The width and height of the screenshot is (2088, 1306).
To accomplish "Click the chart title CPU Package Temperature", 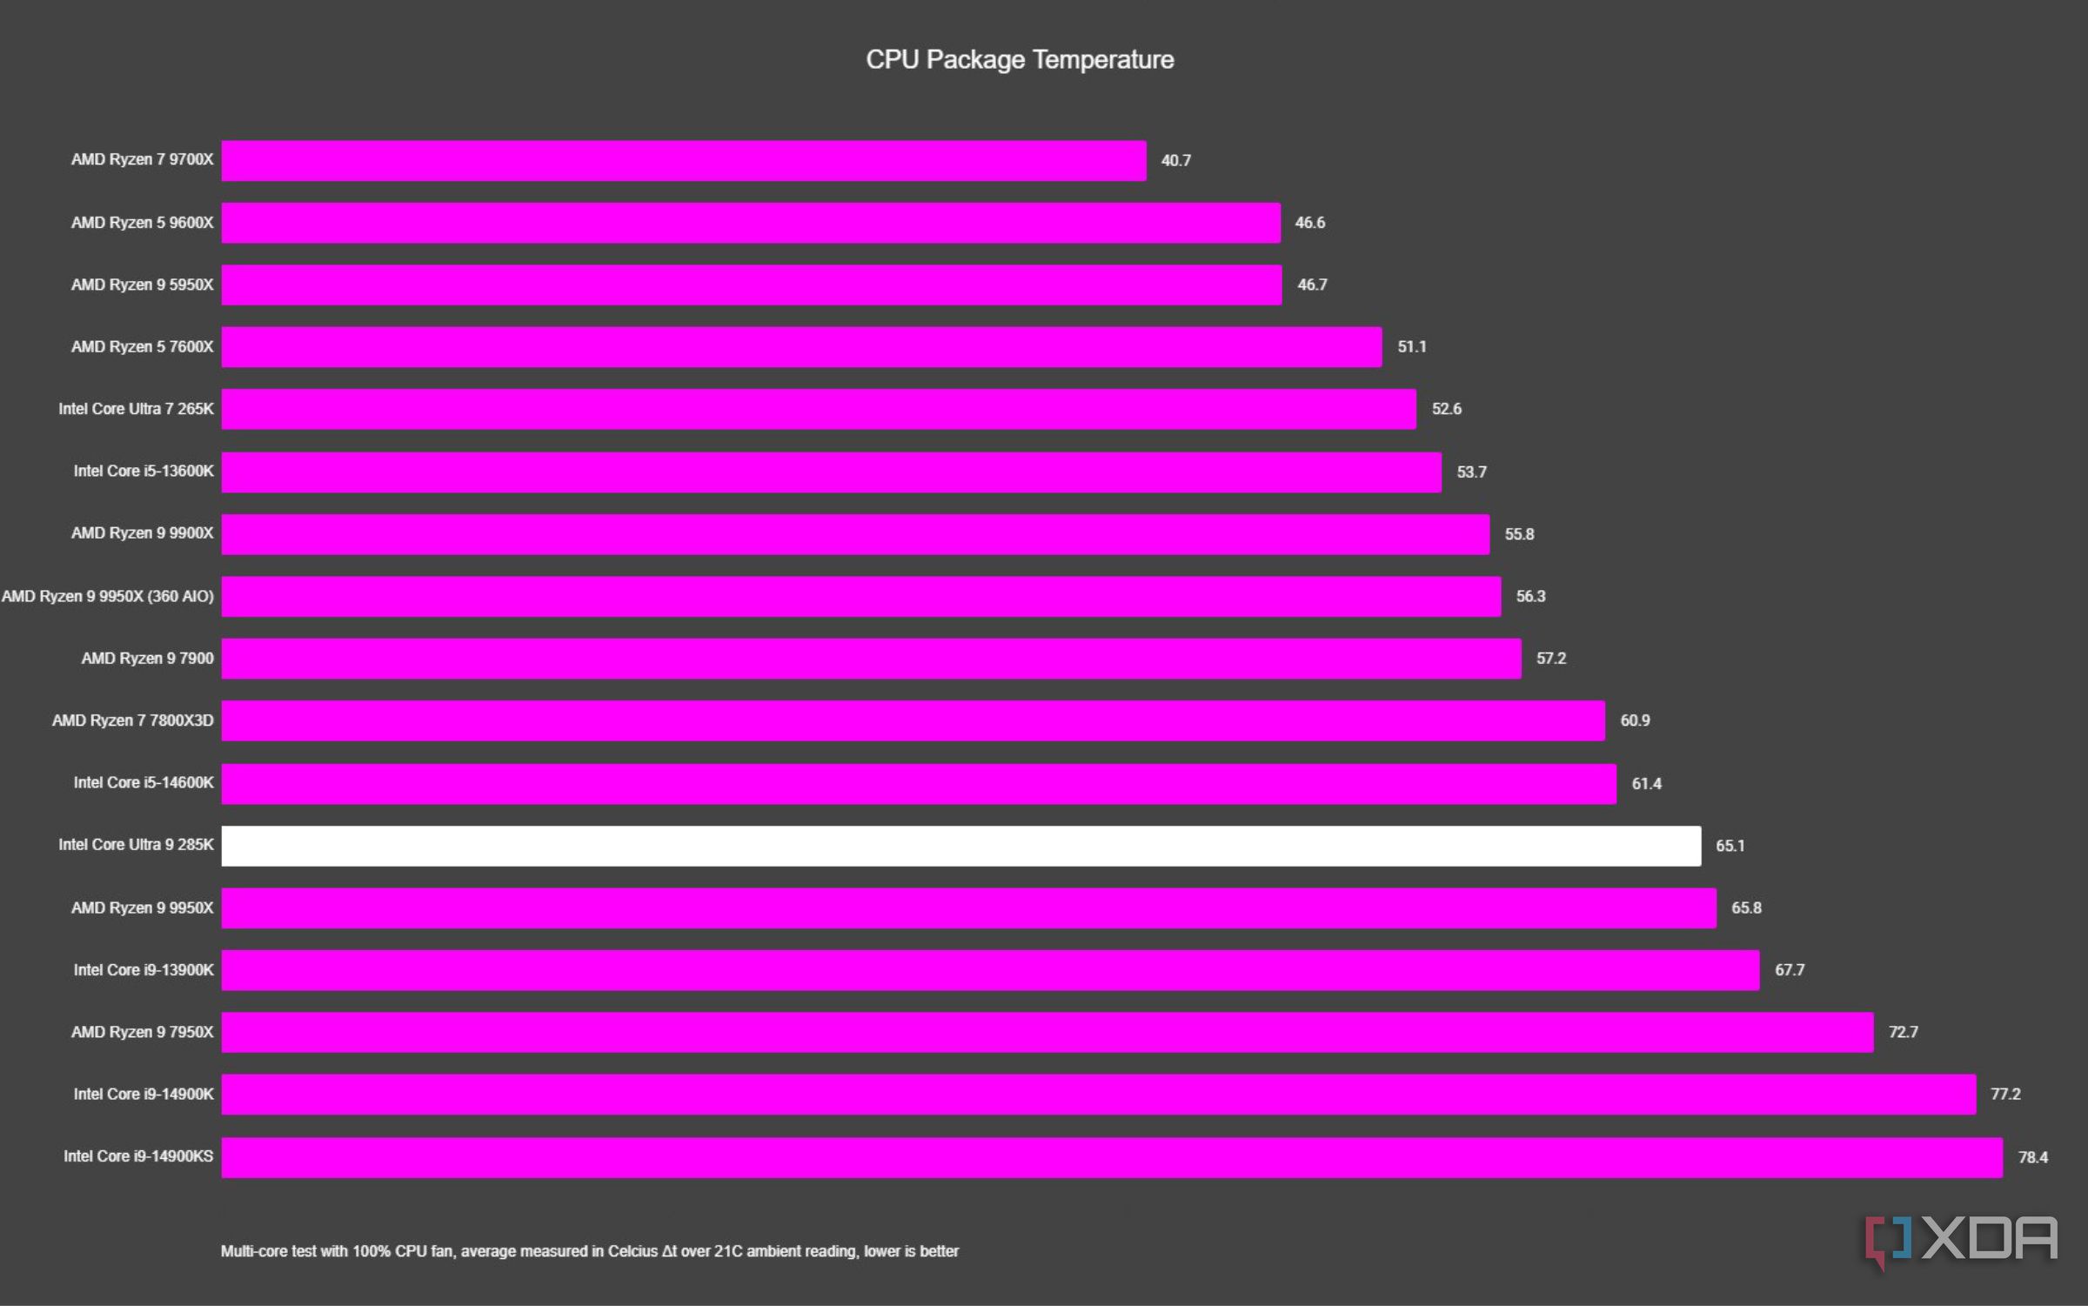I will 1020,59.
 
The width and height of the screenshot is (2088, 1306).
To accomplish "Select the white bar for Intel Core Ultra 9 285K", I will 960,846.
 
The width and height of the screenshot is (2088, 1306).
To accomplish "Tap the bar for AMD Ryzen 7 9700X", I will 684,161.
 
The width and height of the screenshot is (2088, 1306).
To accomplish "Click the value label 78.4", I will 2032,1157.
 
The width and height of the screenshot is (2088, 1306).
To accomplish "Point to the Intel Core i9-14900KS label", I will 138,1156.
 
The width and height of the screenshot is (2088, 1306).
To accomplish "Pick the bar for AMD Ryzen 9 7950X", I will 1047,1032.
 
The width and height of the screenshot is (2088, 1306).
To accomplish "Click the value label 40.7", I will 1175,160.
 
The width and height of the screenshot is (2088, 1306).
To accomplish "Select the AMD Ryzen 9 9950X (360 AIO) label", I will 108,596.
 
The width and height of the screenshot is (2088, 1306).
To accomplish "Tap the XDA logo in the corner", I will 1961,1241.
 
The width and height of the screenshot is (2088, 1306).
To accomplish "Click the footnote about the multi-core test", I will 589,1251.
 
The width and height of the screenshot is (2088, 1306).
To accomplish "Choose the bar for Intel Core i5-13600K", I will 831,472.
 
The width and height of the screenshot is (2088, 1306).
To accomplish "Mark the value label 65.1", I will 1730,846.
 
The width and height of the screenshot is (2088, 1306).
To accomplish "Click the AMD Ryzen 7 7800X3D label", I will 132,720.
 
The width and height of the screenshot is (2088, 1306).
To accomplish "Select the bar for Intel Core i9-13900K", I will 990,970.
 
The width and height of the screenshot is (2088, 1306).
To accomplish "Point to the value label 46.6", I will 1309,223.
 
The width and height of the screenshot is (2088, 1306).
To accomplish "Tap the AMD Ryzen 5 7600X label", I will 142,346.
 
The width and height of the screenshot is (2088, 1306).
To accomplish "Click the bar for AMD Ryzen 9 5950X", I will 751,285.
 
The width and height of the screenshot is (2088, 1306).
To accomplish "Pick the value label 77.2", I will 2005,1095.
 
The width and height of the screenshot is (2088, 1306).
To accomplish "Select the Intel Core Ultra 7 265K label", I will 136,409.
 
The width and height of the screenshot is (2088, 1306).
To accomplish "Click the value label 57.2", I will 1550,659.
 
